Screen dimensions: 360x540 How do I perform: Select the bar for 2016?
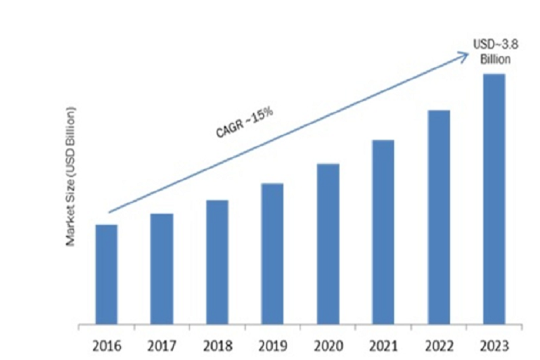[x=106, y=274]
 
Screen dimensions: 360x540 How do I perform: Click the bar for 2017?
[x=162, y=269]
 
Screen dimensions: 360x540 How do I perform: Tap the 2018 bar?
[x=217, y=262]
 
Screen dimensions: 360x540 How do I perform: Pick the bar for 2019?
[x=272, y=253]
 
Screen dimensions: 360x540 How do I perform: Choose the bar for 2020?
[x=328, y=243]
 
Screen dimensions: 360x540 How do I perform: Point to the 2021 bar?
[x=383, y=231]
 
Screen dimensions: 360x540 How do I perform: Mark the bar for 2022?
[x=439, y=217]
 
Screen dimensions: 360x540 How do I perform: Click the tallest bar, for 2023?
[x=494, y=198]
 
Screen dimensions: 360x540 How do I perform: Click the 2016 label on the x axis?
[x=106, y=346]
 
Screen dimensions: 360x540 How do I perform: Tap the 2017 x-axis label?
[x=162, y=346]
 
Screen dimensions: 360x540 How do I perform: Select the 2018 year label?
[x=217, y=346]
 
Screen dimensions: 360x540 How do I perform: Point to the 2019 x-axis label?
[x=272, y=346]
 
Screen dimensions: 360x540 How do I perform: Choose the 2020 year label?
[x=328, y=346]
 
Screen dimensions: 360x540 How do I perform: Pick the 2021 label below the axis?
[x=383, y=346]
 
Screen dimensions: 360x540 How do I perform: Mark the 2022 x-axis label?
[x=439, y=346]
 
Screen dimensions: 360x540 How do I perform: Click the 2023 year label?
[x=494, y=346]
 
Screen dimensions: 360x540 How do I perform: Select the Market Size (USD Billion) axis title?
[x=70, y=176]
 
